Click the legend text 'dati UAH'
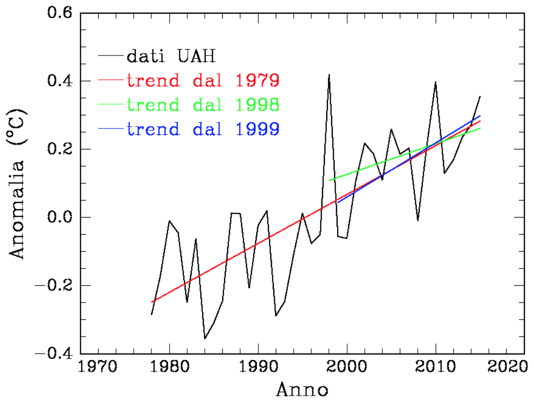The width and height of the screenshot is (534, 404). coord(171,56)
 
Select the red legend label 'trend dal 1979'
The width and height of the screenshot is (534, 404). coord(203,80)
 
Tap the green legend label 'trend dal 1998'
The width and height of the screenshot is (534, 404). coord(203,104)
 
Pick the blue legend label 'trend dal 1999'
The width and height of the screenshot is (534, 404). coord(203,129)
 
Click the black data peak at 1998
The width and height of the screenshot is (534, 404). coord(329,75)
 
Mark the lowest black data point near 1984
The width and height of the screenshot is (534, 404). coord(205,338)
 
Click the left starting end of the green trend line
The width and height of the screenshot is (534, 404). coord(329,181)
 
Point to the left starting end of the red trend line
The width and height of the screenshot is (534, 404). coord(152,302)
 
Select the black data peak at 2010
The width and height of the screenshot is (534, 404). coord(435,82)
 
